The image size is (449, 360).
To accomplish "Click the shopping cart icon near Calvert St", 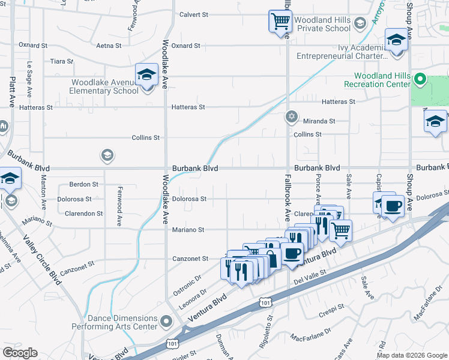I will (x=280, y=22).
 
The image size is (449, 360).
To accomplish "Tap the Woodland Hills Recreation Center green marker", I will (x=420, y=79).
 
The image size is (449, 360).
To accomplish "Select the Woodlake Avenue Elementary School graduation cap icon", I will (x=146, y=75).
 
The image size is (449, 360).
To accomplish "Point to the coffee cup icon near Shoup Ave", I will (x=393, y=206).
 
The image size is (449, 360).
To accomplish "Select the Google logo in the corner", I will (x=20, y=353).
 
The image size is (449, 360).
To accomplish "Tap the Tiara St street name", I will (x=61, y=61).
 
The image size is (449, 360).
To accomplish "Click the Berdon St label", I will (x=83, y=184).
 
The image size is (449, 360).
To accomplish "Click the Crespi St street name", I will (x=331, y=307).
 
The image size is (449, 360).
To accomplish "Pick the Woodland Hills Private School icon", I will (x=360, y=24).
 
